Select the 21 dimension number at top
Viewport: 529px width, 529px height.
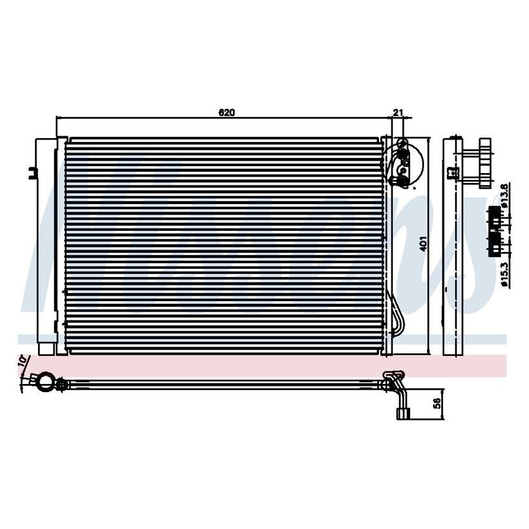[x=399, y=113]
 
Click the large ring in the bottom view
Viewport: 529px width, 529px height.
[x=44, y=382]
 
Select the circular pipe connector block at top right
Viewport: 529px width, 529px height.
[x=404, y=163]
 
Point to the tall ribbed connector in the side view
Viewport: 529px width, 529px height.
[x=484, y=162]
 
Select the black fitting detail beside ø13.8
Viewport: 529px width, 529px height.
[x=495, y=215]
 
